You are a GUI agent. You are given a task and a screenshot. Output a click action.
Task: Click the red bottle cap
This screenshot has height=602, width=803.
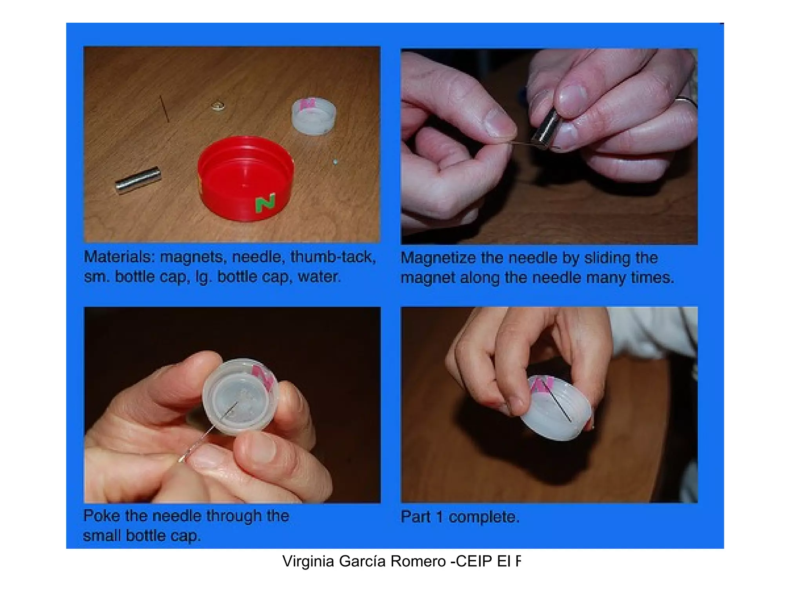point(245,178)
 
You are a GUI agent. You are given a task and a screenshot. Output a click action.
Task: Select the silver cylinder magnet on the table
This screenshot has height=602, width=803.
point(138,180)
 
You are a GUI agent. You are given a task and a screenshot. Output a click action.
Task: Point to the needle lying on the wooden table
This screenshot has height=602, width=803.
point(164,109)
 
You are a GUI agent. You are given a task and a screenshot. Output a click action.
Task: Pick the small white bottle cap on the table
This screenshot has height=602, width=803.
point(314,117)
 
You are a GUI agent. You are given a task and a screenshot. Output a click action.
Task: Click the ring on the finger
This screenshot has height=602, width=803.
point(686,102)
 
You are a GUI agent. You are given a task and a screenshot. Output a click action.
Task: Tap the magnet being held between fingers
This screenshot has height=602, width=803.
point(545,128)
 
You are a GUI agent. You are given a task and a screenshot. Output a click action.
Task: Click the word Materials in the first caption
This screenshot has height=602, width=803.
point(117,257)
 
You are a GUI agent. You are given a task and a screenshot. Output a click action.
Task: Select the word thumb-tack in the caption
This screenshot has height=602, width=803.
point(333,257)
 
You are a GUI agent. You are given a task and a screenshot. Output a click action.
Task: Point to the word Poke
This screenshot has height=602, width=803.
point(102,515)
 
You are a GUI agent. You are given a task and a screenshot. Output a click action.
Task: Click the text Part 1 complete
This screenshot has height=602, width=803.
point(460,517)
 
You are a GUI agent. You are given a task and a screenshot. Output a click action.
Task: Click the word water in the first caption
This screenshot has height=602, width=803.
point(318,277)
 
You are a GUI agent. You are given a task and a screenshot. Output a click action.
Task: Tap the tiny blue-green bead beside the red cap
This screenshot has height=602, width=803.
point(335,161)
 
